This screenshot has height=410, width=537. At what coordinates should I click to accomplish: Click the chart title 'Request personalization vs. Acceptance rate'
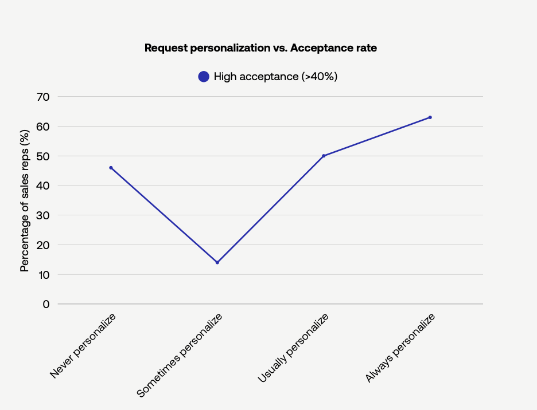click(260, 48)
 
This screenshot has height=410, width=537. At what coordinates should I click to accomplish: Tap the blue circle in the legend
click(204, 77)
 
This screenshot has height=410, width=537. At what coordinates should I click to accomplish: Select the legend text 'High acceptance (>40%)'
click(275, 77)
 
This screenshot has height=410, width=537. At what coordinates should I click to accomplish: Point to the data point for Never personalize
click(111, 168)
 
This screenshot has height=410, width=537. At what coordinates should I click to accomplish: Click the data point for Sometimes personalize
click(217, 262)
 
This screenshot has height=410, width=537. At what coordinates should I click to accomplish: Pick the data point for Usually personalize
click(324, 156)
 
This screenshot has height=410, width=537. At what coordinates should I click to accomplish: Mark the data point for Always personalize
click(430, 117)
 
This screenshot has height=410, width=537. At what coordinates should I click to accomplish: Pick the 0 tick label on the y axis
click(46, 304)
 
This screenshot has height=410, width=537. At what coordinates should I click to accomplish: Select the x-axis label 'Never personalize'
click(83, 346)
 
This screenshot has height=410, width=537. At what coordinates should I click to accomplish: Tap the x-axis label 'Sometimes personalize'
click(180, 355)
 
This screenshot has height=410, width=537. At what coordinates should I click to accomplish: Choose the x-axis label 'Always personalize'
click(400, 348)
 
